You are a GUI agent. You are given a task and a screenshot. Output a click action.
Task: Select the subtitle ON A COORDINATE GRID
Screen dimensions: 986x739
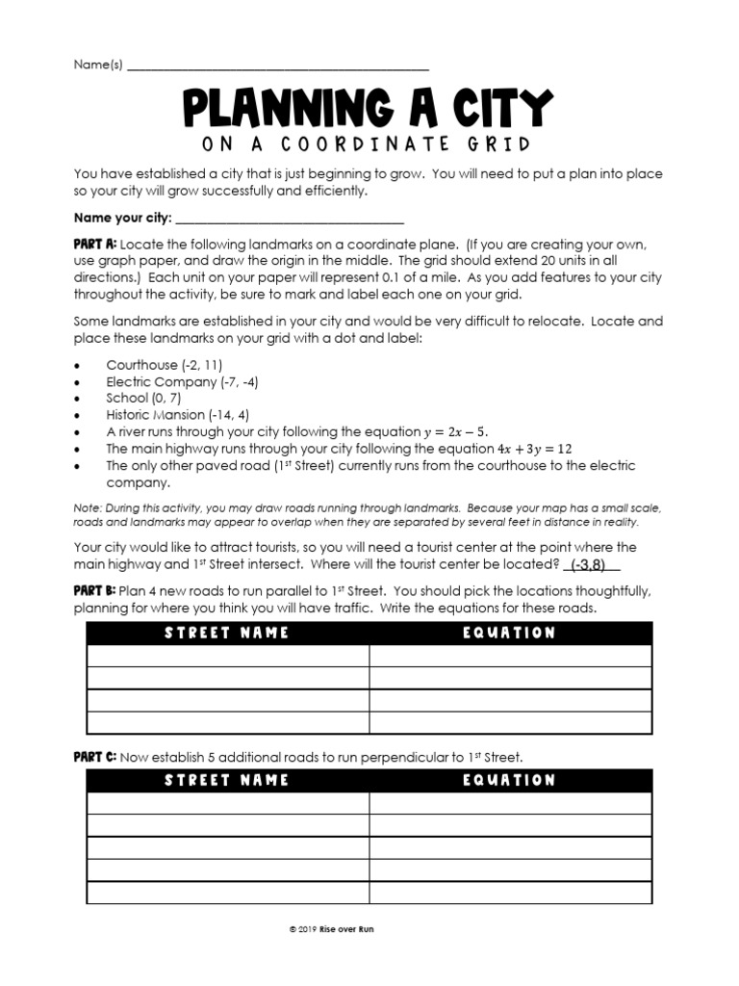tap(369, 144)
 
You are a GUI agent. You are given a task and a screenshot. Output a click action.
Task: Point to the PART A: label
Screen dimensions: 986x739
tap(95, 245)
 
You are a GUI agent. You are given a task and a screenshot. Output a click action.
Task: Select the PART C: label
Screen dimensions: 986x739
tap(95, 757)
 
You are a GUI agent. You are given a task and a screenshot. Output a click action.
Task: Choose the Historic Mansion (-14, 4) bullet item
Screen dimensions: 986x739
tap(177, 415)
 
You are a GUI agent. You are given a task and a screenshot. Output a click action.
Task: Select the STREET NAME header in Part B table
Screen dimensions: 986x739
tap(227, 633)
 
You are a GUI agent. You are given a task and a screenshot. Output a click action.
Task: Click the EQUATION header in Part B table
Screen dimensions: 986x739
tap(509, 633)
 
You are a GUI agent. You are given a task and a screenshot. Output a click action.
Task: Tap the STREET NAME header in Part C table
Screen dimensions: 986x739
tap(227, 780)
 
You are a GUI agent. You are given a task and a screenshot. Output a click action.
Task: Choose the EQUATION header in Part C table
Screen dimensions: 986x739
tap(509, 780)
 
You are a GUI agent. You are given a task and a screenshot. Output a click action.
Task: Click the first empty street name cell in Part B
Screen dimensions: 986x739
tap(227, 656)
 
